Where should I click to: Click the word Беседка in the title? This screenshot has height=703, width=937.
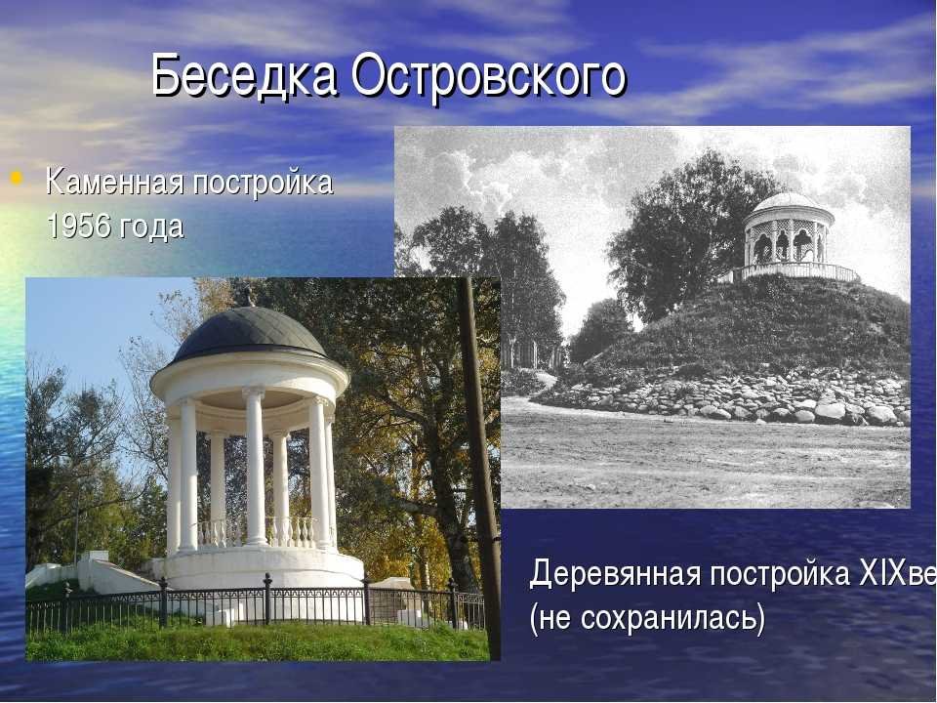pos(244,76)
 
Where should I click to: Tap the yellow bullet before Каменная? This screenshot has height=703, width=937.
pos(17,178)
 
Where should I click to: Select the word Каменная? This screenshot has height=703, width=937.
pos(115,182)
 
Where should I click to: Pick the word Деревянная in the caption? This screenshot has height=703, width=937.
pos(615,574)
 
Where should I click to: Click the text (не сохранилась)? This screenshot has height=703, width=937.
pos(647,618)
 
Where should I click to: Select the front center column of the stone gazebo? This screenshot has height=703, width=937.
pos(255,467)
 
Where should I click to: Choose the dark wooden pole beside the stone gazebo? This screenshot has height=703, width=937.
pos(480,467)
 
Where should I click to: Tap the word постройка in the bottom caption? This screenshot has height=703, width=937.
pos(780,574)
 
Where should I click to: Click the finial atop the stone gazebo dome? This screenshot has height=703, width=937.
pos(245,295)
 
